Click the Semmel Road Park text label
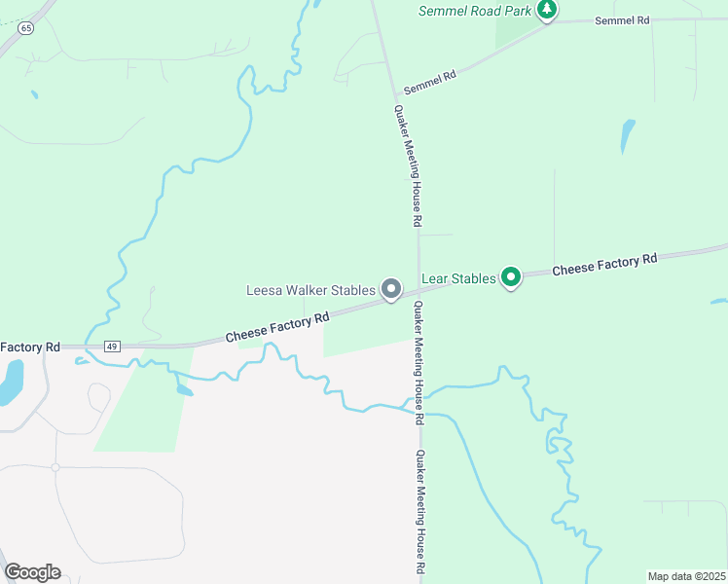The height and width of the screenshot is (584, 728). [475, 11]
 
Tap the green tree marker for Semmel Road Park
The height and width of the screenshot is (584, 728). [547, 10]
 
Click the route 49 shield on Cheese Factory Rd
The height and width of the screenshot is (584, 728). [112, 347]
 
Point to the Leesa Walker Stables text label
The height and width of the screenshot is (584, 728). [310, 290]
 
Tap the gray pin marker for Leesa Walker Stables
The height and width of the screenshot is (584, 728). [391, 289]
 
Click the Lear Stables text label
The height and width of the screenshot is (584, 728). [458, 278]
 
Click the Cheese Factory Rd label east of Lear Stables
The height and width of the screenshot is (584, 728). [604, 264]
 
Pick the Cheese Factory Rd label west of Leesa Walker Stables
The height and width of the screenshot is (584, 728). [277, 327]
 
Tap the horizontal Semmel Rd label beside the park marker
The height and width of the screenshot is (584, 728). [621, 20]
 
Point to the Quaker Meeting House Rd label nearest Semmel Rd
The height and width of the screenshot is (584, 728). [407, 165]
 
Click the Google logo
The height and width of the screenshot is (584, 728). [32, 572]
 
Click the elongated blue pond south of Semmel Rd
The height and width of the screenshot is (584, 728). [628, 136]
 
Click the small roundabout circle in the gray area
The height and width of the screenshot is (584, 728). [55, 467]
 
